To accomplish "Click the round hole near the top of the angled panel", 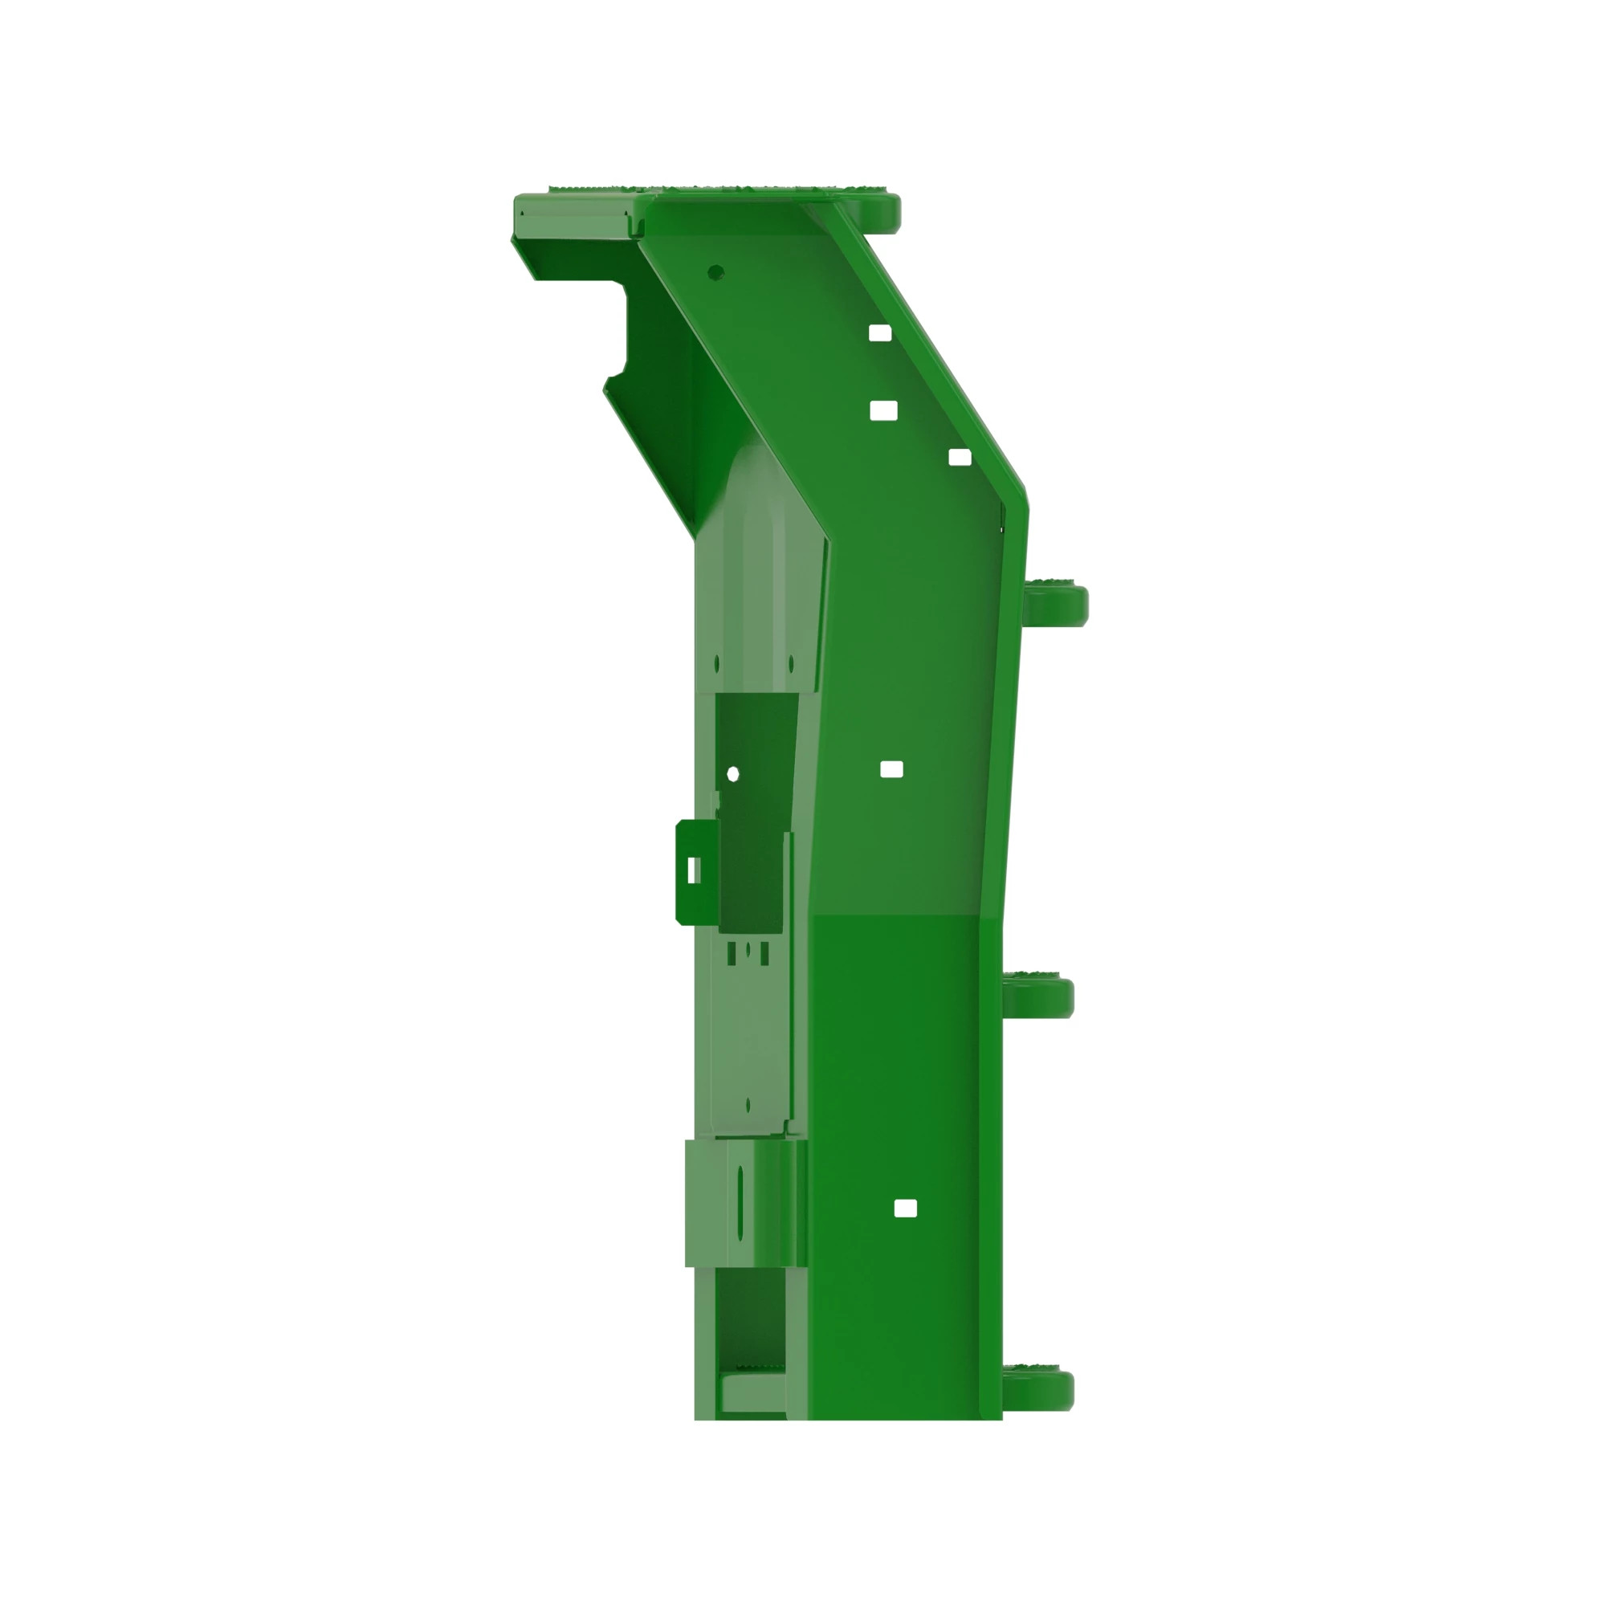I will click(715, 272).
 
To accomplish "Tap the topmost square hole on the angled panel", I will click(879, 333).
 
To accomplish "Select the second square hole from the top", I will click(882, 410).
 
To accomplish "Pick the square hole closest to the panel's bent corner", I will click(960, 457).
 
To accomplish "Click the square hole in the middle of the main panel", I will click(891, 769).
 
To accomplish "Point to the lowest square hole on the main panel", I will click(905, 1208).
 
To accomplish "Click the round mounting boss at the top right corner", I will click(882, 210).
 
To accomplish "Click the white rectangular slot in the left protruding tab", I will click(693, 870).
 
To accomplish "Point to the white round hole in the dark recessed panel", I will click(732, 774).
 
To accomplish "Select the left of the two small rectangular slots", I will click(732, 953).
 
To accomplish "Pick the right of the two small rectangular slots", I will click(764, 953).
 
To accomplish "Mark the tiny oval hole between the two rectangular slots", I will click(748, 948).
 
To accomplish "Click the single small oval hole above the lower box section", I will click(748, 1105).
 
